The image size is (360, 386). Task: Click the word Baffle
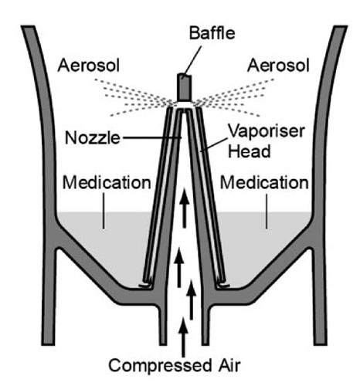(212, 33)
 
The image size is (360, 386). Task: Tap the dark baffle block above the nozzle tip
(185, 87)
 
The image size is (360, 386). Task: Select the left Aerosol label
(89, 66)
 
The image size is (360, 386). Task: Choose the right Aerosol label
(278, 66)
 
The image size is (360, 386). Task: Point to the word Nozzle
(93, 137)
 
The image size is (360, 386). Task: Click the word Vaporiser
(267, 131)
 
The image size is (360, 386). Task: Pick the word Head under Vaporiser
(250, 151)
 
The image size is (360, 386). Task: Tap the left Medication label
(107, 183)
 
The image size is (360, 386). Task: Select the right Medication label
(264, 183)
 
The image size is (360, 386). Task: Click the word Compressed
(160, 365)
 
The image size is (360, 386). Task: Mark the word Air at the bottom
(229, 365)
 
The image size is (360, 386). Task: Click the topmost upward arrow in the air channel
(185, 208)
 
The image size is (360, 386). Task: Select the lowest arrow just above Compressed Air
(183, 337)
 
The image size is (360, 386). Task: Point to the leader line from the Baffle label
(192, 62)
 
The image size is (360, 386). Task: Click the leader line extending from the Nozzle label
(152, 137)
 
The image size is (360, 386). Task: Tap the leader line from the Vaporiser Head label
(214, 144)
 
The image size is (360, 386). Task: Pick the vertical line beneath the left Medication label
(104, 211)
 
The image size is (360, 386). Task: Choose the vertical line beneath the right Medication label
(267, 211)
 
